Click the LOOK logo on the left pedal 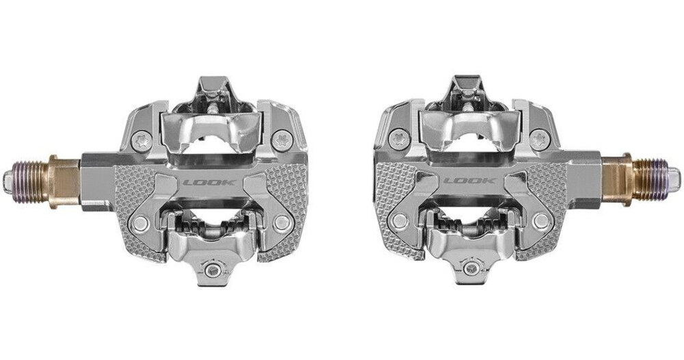[210, 183]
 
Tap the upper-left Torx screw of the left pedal [142, 141]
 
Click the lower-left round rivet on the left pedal [140, 223]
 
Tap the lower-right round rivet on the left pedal [282, 223]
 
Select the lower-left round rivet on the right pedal [399, 221]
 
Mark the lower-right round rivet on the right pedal [541, 221]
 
